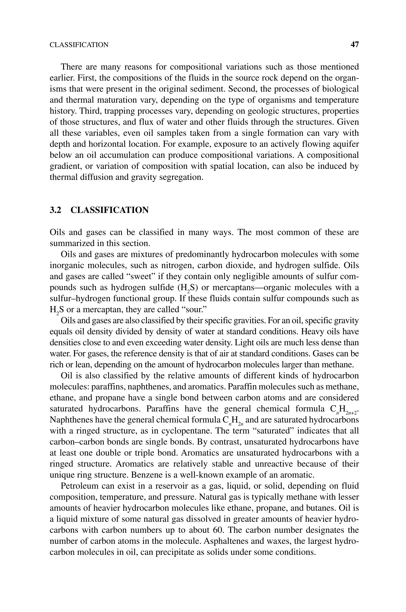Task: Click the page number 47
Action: (354, 45)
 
